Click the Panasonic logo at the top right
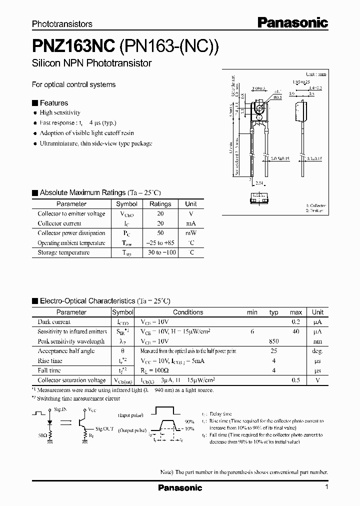(292, 22)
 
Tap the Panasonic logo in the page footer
(180, 487)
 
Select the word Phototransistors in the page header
(62, 23)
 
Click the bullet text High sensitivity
(60, 113)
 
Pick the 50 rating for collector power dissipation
(160, 233)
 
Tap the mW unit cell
(190, 233)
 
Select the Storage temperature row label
(63, 252)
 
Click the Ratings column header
(160, 204)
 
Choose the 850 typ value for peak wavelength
(273, 341)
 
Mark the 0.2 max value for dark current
(296, 322)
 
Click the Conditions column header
(188, 312)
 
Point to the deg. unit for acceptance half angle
(317, 351)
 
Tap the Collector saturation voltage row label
(71, 380)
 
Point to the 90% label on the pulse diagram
(189, 421)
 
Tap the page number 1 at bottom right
(326, 487)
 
